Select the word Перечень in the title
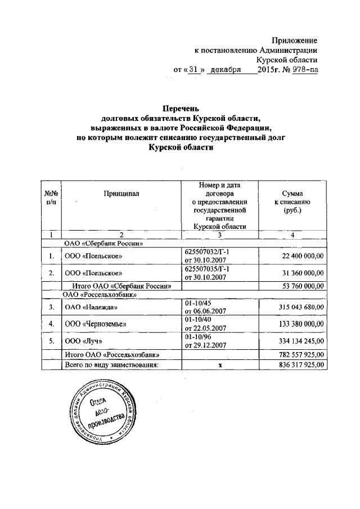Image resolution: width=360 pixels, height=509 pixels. (181, 108)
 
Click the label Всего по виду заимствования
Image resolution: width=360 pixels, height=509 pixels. (109, 364)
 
